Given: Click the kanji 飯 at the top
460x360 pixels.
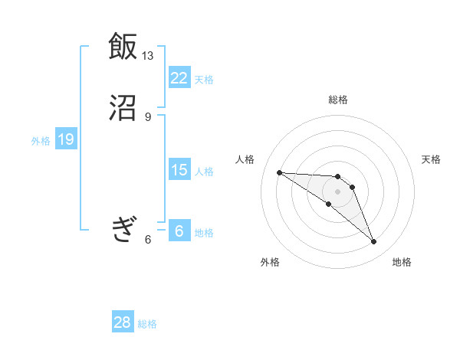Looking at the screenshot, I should tap(123, 47).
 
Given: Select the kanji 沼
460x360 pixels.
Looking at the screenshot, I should tap(123, 108).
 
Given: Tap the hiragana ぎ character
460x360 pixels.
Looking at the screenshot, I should tap(123, 227).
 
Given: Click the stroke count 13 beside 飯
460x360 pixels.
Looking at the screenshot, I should tap(148, 56).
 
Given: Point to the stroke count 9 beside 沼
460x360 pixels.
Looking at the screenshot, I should tap(148, 116).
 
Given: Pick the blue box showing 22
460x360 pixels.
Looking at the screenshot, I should tap(179, 77).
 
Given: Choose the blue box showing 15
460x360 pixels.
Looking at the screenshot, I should tap(179, 170).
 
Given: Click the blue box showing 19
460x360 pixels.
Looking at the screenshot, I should tap(65, 139).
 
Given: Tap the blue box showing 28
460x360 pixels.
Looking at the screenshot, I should tap(123, 322).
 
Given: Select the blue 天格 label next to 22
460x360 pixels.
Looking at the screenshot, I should tap(204, 79).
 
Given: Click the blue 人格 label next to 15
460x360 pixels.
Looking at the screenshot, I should tap(204, 172).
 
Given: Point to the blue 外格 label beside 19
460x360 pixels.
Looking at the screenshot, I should tap(41, 141).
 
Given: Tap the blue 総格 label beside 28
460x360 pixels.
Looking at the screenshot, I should tap(147, 324).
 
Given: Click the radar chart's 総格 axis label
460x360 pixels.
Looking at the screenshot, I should tap(338, 100).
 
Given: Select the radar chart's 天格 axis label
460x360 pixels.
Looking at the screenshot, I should tap(431, 159).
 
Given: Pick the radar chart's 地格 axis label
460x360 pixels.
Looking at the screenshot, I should tap(402, 262).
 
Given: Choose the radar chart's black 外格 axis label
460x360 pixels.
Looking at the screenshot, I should tap(270, 262).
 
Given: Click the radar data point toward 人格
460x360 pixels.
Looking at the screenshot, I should tap(279, 172).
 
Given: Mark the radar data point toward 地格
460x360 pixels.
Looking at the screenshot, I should tap(374, 242).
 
